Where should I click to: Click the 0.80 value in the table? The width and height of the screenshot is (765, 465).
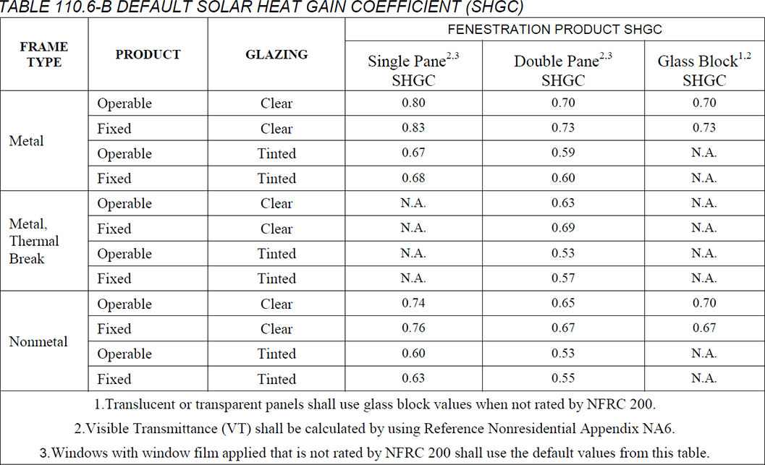[414, 103]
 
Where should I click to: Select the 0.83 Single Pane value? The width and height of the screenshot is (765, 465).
[414, 128]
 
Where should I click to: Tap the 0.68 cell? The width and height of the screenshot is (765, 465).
[414, 178]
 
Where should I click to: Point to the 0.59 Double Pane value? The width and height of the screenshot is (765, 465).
[563, 153]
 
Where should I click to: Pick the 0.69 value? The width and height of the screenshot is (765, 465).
[563, 228]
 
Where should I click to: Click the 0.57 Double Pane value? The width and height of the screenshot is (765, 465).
[563, 278]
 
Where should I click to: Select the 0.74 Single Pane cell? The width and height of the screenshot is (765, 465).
[414, 304]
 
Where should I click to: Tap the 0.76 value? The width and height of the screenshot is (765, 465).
[414, 328]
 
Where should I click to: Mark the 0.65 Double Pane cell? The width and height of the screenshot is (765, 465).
[563, 304]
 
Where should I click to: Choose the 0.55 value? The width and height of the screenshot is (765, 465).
[563, 378]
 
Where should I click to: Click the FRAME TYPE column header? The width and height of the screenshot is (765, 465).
[44, 54]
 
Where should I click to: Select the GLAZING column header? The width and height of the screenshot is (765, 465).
[276, 54]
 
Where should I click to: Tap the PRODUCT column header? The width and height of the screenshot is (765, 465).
[148, 54]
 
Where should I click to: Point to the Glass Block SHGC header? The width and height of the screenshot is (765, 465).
[703, 70]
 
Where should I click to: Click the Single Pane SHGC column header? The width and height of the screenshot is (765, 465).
[414, 70]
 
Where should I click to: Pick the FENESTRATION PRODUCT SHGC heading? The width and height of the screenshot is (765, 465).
[554, 30]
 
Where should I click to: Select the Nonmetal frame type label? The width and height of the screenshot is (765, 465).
[38, 341]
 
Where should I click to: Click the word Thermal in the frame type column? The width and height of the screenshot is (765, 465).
[34, 241]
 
